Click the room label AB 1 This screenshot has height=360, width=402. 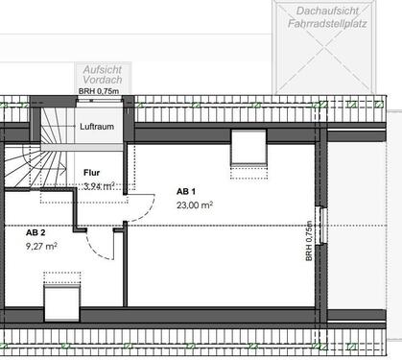tap(186, 191)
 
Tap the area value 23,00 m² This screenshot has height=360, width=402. tap(195, 204)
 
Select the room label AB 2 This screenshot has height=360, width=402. tap(35, 232)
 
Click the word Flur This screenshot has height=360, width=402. tap(92, 173)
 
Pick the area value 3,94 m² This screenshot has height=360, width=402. tap(100, 185)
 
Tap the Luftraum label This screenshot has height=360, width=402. tap(98, 127)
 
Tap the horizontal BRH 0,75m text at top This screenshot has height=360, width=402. tap(98, 93)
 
